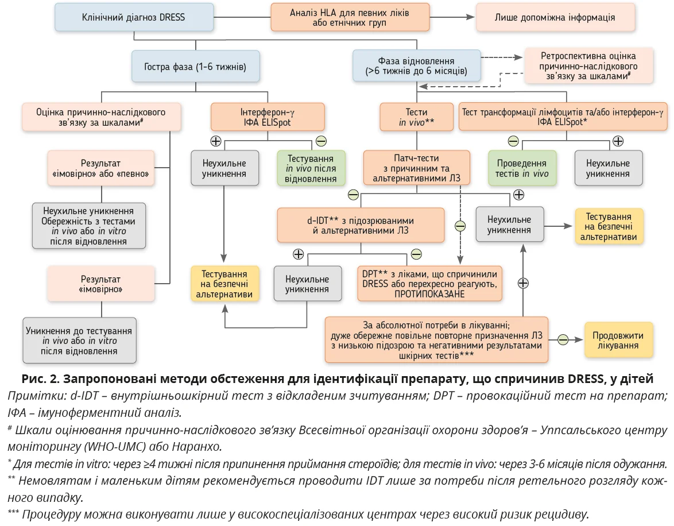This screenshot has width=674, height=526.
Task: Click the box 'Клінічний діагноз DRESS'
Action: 134,17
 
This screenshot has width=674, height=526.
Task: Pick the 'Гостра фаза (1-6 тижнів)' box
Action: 195,67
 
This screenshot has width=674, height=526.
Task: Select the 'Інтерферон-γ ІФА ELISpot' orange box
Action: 268,117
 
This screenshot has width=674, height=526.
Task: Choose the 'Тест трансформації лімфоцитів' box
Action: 564,117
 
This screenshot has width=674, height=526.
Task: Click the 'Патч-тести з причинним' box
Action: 416,168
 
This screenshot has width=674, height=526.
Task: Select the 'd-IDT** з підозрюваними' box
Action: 361,225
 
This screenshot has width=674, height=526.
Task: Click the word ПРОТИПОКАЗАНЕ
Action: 429,294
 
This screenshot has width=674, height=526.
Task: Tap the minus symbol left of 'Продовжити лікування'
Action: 563,339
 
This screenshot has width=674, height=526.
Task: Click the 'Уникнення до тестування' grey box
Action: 79,341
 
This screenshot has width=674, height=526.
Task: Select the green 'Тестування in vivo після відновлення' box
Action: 311,168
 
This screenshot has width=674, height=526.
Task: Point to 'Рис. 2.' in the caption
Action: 40,380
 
